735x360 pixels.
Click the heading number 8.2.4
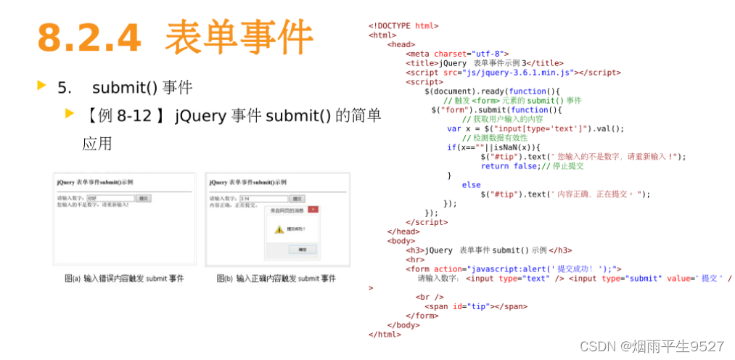point(89,37)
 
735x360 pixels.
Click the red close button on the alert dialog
point(313,210)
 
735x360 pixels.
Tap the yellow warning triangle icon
point(278,229)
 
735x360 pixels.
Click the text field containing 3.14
point(263,198)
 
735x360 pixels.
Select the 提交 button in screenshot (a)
point(144,198)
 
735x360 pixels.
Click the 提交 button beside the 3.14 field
point(297,198)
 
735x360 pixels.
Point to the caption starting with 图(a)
point(124,278)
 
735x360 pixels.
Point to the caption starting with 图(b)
point(276,278)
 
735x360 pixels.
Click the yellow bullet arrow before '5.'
point(41,86)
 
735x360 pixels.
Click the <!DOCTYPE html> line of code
point(403,25)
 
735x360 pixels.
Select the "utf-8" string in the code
point(485,54)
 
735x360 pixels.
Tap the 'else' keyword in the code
point(471,185)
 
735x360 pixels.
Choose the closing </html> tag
point(385,335)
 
